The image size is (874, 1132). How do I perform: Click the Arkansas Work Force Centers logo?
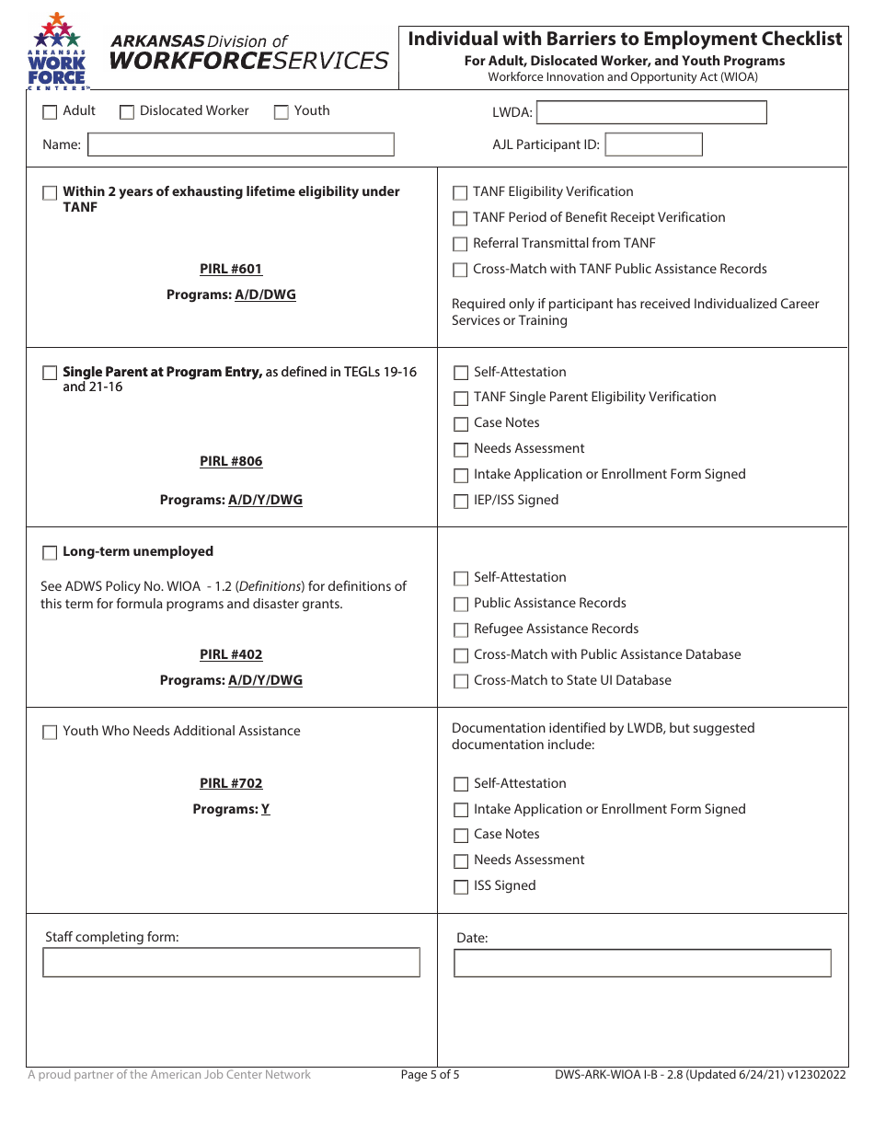pyautogui.click(x=58, y=52)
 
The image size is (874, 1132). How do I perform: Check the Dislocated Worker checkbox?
pyautogui.click(x=127, y=112)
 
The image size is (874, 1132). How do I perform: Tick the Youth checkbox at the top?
pyautogui.click(x=282, y=112)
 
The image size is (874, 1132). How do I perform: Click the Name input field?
pyautogui.click(x=240, y=144)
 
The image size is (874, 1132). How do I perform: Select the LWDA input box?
pyautogui.click(x=651, y=113)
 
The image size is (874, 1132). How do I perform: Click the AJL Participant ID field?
pyautogui.click(x=653, y=144)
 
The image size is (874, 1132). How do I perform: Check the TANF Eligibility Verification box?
pyautogui.click(x=460, y=193)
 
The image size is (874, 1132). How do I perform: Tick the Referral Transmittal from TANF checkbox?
pyautogui.click(x=460, y=245)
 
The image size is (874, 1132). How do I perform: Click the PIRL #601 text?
pyautogui.click(x=231, y=270)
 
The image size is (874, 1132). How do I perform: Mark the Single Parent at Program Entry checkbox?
pyautogui.click(x=50, y=374)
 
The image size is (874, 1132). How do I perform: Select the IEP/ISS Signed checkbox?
pyautogui.click(x=461, y=502)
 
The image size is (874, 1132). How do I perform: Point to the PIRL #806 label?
pyautogui.click(x=231, y=462)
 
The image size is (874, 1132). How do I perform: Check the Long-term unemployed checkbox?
pyautogui.click(x=50, y=553)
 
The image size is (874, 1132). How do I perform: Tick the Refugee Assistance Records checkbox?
pyautogui.click(x=461, y=630)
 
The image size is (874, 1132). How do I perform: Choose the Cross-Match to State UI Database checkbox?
pyautogui.click(x=461, y=682)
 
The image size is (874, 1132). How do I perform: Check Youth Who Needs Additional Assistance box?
pyautogui.click(x=50, y=733)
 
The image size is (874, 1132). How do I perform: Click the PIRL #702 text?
pyautogui.click(x=231, y=784)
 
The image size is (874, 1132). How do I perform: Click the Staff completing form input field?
pyautogui.click(x=231, y=963)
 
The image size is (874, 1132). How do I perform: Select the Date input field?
pyautogui.click(x=642, y=964)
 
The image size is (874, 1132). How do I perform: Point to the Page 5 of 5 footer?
pyautogui.click(x=430, y=1075)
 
